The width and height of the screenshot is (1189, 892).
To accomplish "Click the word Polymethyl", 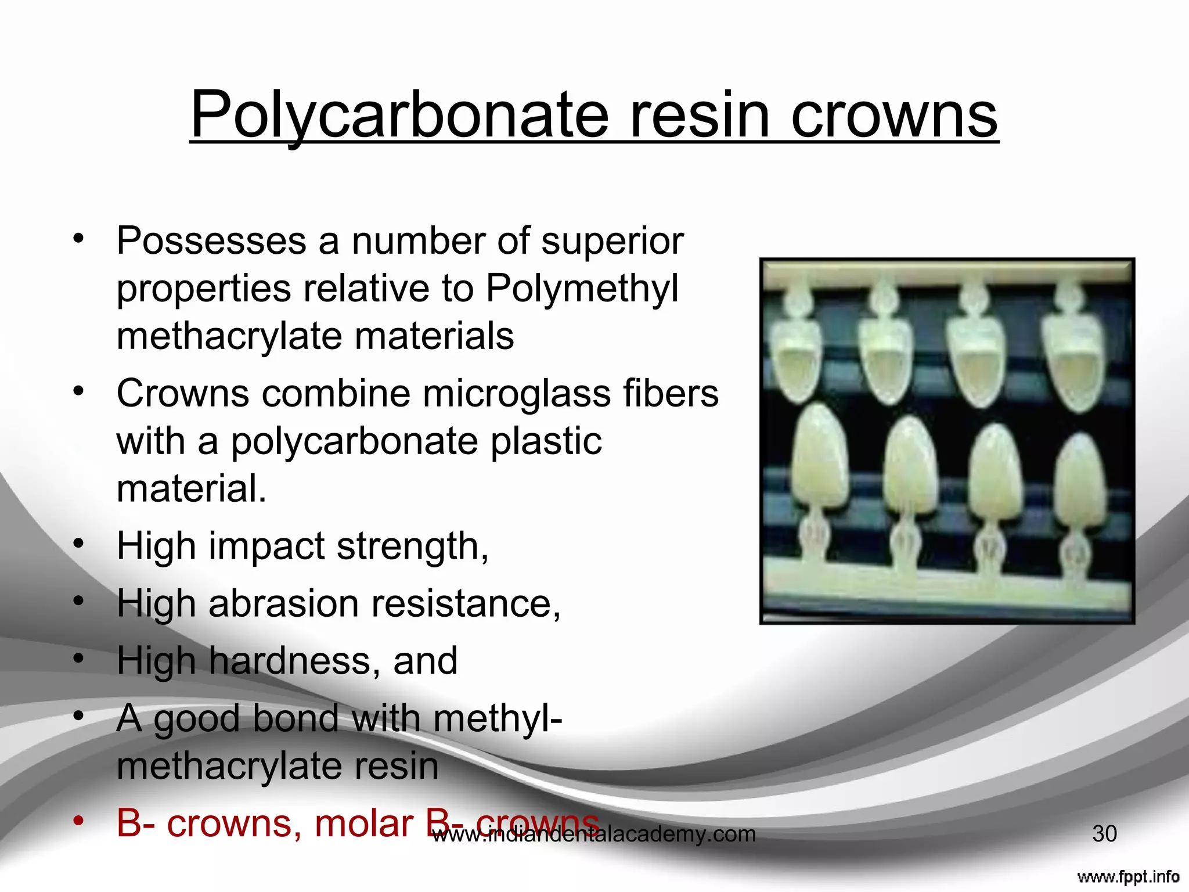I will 582,288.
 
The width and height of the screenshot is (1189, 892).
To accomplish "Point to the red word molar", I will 363,823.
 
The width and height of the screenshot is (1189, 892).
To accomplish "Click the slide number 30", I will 1104,834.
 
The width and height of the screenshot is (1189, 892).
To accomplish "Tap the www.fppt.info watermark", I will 1127,876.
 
